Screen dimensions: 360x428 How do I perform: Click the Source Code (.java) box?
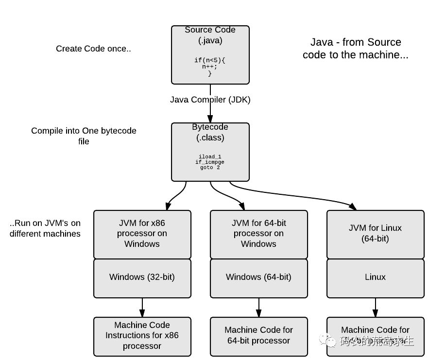click(x=210, y=54)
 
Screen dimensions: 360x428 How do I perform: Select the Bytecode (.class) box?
click(x=210, y=152)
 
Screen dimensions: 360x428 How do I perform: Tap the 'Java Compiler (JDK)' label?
click(x=210, y=100)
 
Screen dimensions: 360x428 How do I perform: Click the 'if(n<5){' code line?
click(x=210, y=60)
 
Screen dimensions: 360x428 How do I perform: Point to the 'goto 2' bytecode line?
click(x=210, y=168)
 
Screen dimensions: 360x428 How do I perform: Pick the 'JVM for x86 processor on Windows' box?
click(x=142, y=234)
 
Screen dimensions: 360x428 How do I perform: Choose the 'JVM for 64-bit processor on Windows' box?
click(x=258, y=234)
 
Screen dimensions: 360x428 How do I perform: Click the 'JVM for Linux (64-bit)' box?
click(x=375, y=234)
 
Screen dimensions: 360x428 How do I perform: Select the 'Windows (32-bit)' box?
click(x=142, y=277)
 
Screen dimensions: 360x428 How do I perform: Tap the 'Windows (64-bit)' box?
click(x=258, y=277)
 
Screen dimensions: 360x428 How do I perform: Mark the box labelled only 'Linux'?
click(x=375, y=277)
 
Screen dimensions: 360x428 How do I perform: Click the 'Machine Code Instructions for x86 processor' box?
click(x=142, y=336)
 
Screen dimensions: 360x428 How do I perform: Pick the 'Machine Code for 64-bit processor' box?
click(x=258, y=336)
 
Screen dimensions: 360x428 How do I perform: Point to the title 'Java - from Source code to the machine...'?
click(x=356, y=49)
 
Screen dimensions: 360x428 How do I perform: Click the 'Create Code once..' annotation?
click(x=93, y=49)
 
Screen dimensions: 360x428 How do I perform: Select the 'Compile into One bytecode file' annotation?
click(x=84, y=136)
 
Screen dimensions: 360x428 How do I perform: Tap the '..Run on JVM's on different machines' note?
click(x=45, y=228)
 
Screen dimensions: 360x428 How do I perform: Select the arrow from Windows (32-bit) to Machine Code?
click(x=142, y=307)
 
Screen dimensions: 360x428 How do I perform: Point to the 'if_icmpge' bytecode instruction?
click(x=210, y=162)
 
